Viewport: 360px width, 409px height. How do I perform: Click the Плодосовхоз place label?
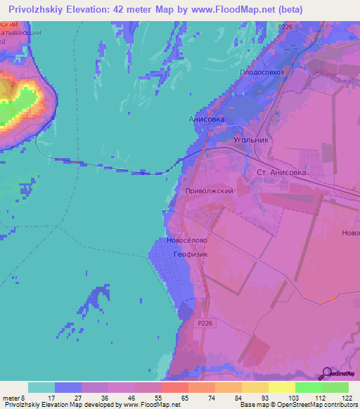point(262,72)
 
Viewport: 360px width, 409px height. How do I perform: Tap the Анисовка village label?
point(207,119)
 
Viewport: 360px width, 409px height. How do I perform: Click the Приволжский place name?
point(209,190)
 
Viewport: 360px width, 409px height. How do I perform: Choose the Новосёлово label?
point(187,240)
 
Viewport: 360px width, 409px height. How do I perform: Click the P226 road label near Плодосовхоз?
point(285,27)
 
